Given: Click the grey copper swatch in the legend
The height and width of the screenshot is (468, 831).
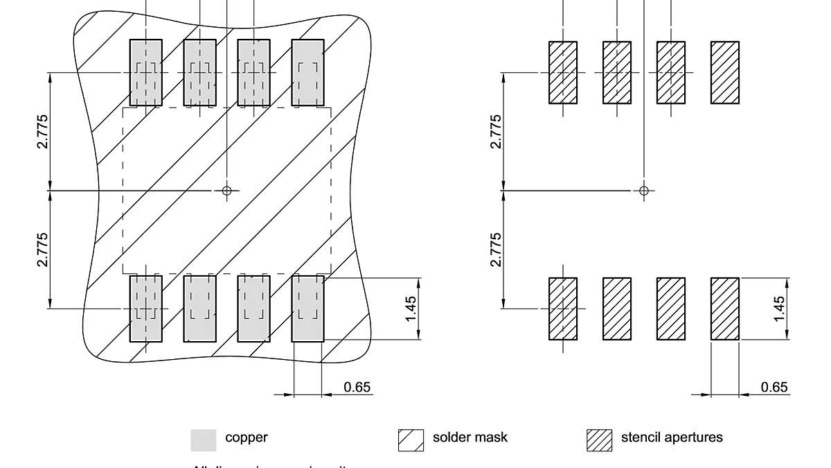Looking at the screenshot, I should pyautogui.click(x=203, y=440).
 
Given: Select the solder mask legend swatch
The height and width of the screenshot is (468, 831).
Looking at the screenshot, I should pyautogui.click(x=411, y=440).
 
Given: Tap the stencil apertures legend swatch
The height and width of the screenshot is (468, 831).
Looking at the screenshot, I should pyautogui.click(x=600, y=440).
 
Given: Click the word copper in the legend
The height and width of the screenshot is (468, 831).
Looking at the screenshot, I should pyautogui.click(x=246, y=437).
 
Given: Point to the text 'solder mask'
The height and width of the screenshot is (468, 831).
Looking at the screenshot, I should pyautogui.click(x=470, y=437).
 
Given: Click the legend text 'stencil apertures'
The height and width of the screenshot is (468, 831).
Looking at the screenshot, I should pyautogui.click(x=671, y=437).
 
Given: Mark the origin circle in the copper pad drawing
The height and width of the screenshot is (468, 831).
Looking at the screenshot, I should pyautogui.click(x=226, y=190).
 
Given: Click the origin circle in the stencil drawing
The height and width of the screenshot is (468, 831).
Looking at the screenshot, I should pyautogui.click(x=644, y=190).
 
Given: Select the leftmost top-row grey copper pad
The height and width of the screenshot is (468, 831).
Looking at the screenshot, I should pyautogui.click(x=145, y=73).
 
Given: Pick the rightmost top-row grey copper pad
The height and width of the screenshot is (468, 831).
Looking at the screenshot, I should pyautogui.click(x=307, y=73).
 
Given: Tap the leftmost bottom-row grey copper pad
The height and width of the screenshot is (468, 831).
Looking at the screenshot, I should pyautogui.click(x=145, y=309).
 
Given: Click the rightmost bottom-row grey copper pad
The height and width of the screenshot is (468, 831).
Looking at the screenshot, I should pyautogui.click(x=307, y=309).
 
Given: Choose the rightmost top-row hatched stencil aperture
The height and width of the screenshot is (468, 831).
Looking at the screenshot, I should pyautogui.click(x=725, y=73).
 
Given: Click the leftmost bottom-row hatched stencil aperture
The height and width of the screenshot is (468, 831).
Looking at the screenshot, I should pyautogui.click(x=563, y=309).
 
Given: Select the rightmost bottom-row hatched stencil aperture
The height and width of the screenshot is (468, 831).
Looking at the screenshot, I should pyautogui.click(x=725, y=309).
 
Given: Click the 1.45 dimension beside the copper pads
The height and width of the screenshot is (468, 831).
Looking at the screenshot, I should pyautogui.click(x=411, y=309).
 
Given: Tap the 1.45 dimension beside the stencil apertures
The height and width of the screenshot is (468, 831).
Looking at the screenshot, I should pyautogui.click(x=779, y=309).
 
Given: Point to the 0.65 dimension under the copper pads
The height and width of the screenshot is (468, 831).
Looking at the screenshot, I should pyautogui.click(x=357, y=387).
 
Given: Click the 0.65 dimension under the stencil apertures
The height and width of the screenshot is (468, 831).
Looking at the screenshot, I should pyautogui.click(x=774, y=387).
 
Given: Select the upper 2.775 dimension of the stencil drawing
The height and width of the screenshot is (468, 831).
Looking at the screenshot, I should pyautogui.click(x=495, y=131).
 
